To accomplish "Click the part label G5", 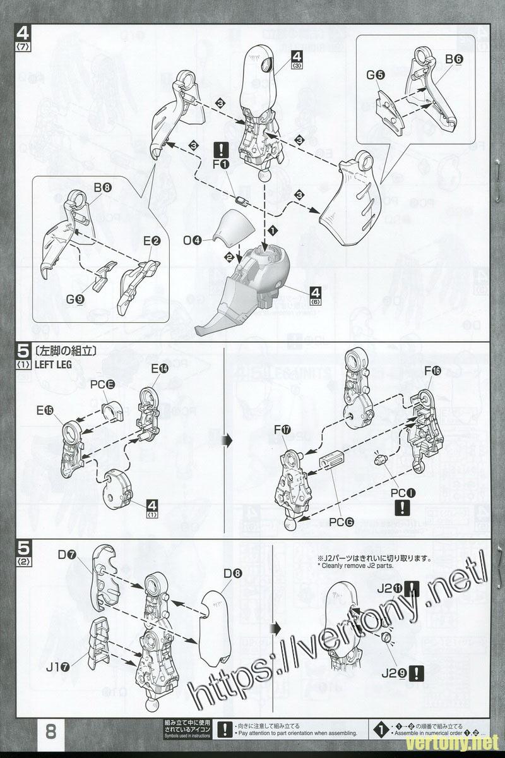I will (376, 75).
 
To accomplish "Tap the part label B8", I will (102, 188).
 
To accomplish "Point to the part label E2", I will (152, 241).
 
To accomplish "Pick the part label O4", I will (193, 241).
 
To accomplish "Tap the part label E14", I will (159, 369).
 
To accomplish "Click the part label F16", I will (433, 371).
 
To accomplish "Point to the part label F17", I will (283, 430).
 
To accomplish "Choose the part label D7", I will (67, 555).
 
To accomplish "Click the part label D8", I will (233, 574).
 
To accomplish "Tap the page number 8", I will (51, 731).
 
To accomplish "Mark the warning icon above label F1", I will (222, 150).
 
